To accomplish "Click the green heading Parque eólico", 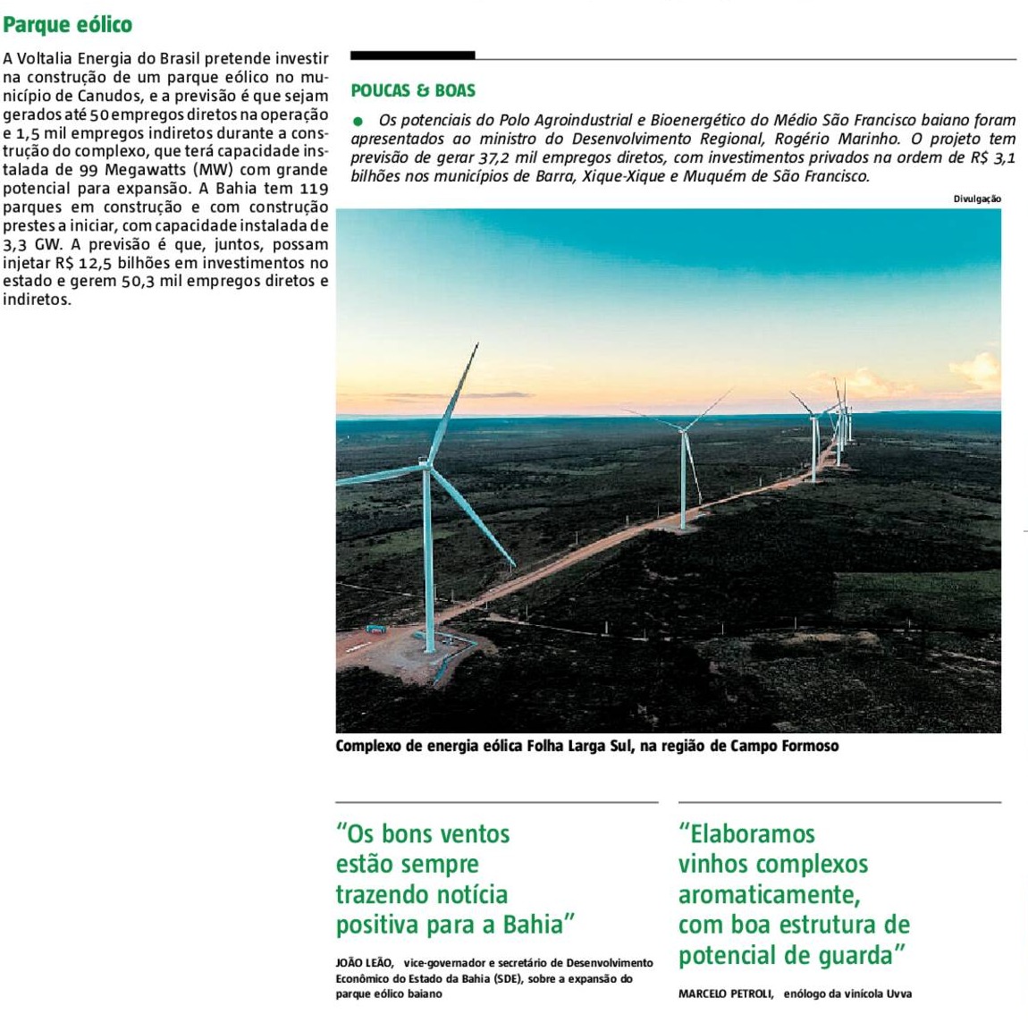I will [67, 25].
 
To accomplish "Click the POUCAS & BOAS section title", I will [413, 90].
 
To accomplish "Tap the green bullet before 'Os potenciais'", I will [358, 120].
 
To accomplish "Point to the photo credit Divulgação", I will [977, 199].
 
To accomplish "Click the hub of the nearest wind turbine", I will [428, 464].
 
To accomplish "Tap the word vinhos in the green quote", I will [713, 865].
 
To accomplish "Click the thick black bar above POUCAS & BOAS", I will [412, 55].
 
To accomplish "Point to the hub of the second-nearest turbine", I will [684, 431].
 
